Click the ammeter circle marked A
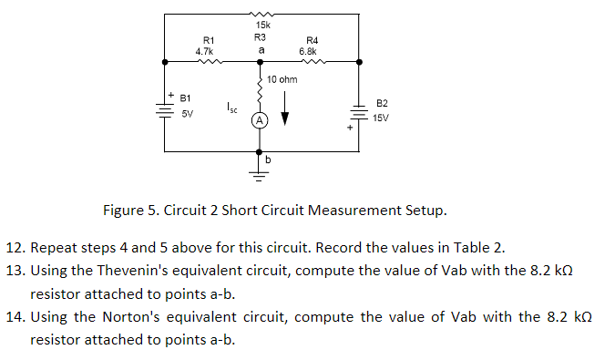point(260,120)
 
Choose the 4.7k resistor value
point(204,52)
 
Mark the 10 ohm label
point(282,80)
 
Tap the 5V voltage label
point(187,114)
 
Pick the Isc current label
point(233,108)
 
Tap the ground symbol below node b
point(260,170)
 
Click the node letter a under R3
point(261,49)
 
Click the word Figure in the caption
point(124,211)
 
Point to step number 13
point(14,271)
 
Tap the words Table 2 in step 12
point(476,247)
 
